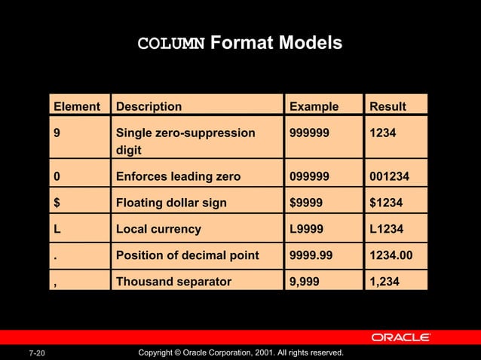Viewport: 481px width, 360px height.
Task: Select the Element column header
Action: click(76, 106)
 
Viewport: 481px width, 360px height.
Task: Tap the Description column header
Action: click(149, 106)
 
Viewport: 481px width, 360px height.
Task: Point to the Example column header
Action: click(314, 106)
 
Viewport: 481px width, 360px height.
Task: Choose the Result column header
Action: click(387, 106)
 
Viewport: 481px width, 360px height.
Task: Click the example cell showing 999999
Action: click(311, 133)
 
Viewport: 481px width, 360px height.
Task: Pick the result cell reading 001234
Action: click(391, 177)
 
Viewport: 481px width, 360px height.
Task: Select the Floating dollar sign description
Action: click(171, 203)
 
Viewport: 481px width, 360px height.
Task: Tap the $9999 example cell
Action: click(308, 203)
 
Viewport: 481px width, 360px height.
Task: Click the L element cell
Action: click(57, 228)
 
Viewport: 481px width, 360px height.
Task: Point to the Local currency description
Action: click(158, 228)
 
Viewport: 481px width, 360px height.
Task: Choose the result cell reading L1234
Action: click(386, 228)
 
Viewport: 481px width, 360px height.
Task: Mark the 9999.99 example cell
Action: click(311, 255)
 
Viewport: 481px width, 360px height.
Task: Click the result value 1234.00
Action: click(391, 255)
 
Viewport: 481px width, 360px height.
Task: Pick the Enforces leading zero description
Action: click(178, 177)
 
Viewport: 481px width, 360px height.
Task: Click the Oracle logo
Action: click(400, 337)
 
